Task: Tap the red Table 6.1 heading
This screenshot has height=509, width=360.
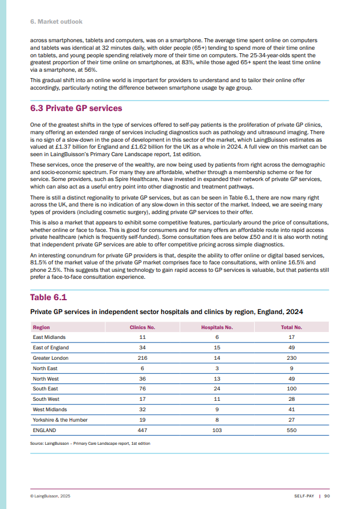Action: coord(49,297)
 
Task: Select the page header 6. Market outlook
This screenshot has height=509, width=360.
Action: coord(56,22)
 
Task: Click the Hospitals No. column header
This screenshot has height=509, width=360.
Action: coord(217,327)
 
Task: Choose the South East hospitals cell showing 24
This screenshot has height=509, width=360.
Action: coord(217,389)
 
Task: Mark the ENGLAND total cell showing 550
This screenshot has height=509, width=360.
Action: coord(292,430)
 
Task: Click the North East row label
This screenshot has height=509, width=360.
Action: coord(44,368)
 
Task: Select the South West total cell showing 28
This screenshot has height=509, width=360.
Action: coord(292,399)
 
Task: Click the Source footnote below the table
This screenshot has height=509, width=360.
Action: coord(90,444)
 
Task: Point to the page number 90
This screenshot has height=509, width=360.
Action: coord(327,496)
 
